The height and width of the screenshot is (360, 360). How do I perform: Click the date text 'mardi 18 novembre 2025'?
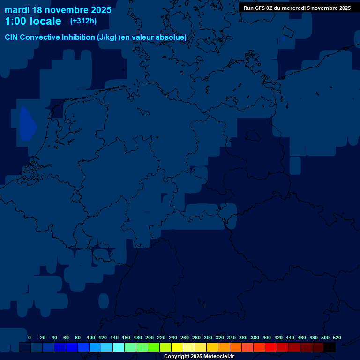(58, 10)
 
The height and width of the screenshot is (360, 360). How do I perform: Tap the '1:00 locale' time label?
(33, 21)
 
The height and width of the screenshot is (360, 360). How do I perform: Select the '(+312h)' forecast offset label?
(83, 21)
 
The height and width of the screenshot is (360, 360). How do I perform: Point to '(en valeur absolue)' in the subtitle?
(153, 37)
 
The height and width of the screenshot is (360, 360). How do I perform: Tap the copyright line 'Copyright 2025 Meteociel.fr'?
(199, 356)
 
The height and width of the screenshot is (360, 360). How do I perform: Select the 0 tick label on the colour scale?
(30, 337)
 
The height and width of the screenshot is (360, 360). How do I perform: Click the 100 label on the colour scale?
(91, 337)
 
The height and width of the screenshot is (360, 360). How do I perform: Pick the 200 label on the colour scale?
(150, 337)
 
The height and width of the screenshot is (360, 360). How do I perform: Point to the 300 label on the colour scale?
(208, 337)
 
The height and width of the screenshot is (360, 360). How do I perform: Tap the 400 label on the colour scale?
(267, 337)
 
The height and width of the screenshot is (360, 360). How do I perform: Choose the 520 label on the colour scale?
(337, 337)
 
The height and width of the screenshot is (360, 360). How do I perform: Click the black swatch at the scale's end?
(329, 347)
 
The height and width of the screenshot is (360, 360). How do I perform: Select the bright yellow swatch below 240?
(177, 347)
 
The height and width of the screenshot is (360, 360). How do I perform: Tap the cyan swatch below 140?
(118, 347)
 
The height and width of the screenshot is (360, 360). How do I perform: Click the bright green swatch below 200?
(153, 347)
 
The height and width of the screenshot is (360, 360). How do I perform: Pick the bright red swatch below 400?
(270, 347)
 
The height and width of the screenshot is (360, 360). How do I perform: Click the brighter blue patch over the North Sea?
(28, 124)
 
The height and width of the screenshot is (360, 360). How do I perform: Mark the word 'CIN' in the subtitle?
(12, 37)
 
